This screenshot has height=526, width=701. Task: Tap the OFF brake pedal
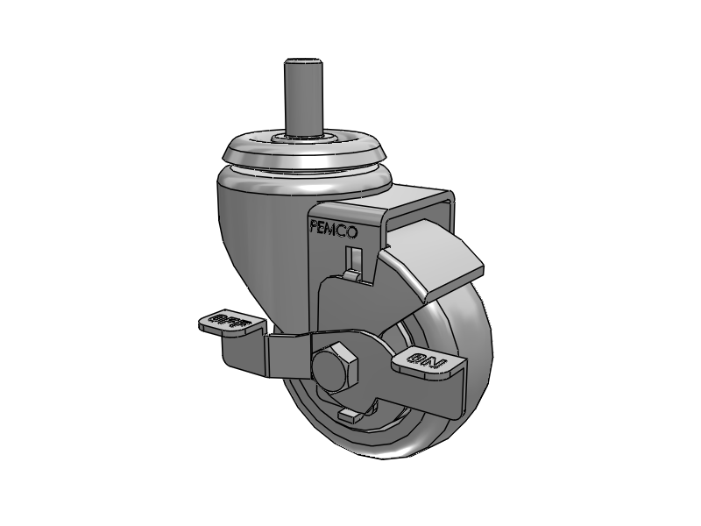(x=230, y=322)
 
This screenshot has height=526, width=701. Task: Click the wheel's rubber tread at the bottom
(x=386, y=449)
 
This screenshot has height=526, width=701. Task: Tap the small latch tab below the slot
(x=350, y=275)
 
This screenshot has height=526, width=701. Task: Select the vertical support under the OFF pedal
(x=237, y=351)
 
